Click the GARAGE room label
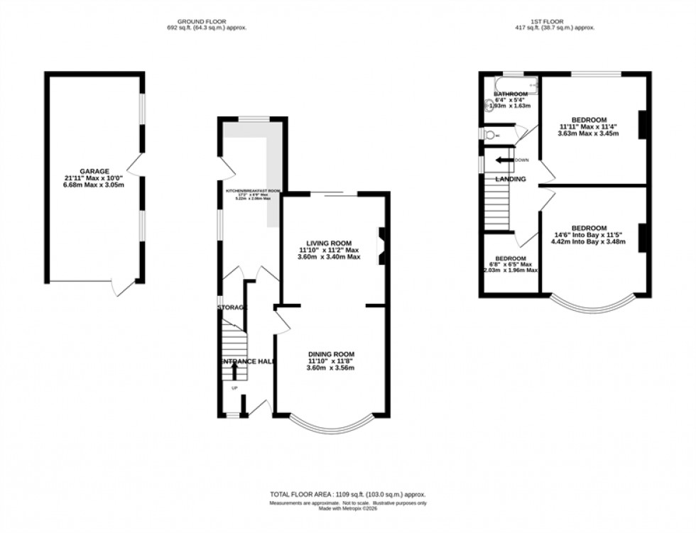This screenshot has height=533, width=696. pyautogui.click(x=94, y=171)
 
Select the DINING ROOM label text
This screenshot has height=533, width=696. pyautogui.click(x=330, y=354)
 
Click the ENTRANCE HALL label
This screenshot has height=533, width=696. pyautogui.click(x=246, y=361)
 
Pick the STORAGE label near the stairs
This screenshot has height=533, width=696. pyautogui.click(x=232, y=307)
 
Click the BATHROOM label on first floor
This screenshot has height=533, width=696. pyautogui.click(x=511, y=94)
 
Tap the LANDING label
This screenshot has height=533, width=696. pyautogui.click(x=511, y=179)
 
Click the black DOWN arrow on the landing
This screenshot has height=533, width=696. pyautogui.click(x=504, y=160)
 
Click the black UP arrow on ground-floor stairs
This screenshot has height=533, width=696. pyautogui.click(x=234, y=370)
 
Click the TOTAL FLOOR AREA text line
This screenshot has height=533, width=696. pyautogui.click(x=347, y=494)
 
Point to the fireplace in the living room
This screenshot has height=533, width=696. pyautogui.click(x=381, y=246)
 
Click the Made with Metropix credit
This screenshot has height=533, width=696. pyautogui.click(x=347, y=508)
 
